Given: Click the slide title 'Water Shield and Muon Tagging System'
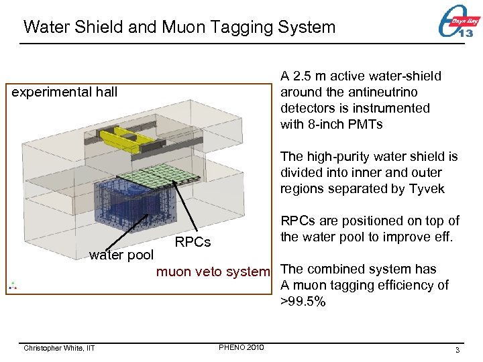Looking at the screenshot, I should (179, 27).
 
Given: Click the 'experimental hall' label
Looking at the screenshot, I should (65, 92).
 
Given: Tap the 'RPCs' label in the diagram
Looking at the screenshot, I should (193, 242).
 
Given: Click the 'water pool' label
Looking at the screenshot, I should (121, 255).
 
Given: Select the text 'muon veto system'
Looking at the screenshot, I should (213, 271).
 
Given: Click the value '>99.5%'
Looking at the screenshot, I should (303, 302).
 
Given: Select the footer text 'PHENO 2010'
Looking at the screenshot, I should (241, 347).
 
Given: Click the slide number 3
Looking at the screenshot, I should (456, 350).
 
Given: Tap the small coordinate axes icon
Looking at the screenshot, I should (13, 286).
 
